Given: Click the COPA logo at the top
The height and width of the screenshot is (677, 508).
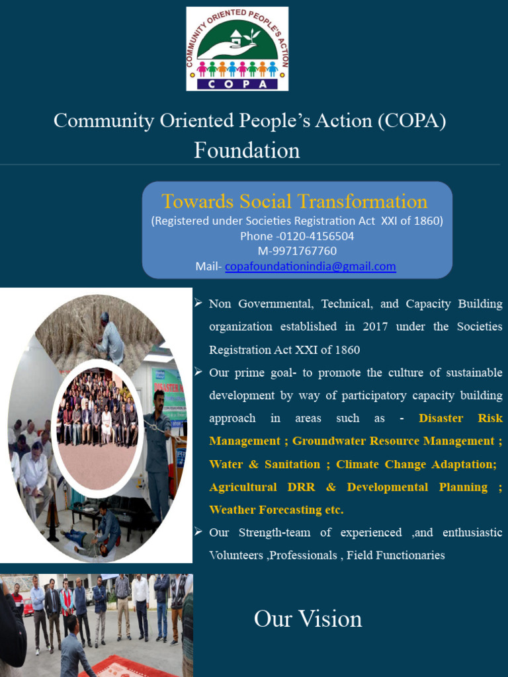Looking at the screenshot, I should tap(237, 48).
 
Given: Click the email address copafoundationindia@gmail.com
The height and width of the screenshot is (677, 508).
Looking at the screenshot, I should tap(310, 266).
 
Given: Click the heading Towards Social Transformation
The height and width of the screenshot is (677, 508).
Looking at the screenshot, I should tap(295, 202).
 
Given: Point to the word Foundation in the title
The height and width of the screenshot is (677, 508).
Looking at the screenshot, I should tap(247, 151).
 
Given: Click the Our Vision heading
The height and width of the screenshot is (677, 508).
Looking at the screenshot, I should tap(308, 619).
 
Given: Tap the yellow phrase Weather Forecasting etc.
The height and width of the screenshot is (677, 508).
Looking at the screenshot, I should tap(276, 510).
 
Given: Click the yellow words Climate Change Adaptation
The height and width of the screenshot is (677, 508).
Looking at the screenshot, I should tap(416, 464).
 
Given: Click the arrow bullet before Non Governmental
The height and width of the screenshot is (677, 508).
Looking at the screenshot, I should tap(198, 303).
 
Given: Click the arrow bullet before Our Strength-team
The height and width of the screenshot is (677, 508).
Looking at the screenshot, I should tap(198, 532).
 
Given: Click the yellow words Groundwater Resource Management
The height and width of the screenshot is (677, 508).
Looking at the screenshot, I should tap(394, 441).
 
